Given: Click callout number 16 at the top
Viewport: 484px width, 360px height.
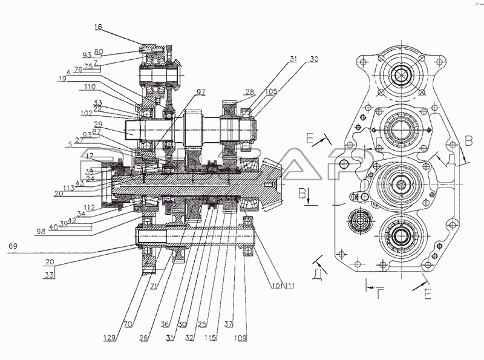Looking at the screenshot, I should pyautogui.click(x=99, y=27).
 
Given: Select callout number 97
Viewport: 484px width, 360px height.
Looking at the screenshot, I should pyautogui.click(x=200, y=91).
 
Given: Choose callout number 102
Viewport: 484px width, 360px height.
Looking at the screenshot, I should pyautogui.click(x=85, y=113).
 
